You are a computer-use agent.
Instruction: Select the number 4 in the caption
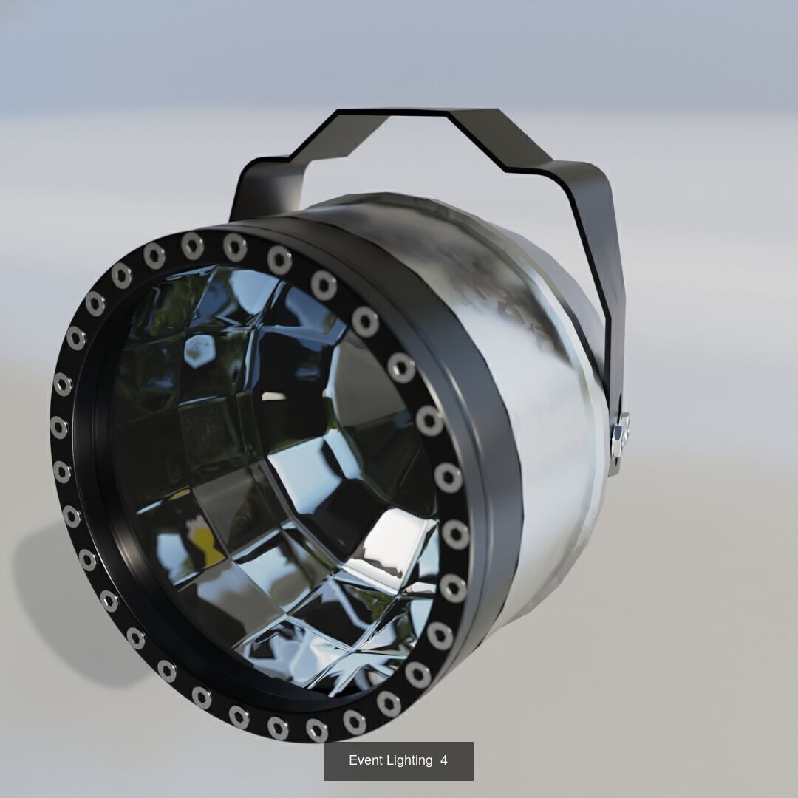click(x=444, y=760)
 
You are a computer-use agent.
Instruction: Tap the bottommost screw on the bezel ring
click(x=316, y=729)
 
